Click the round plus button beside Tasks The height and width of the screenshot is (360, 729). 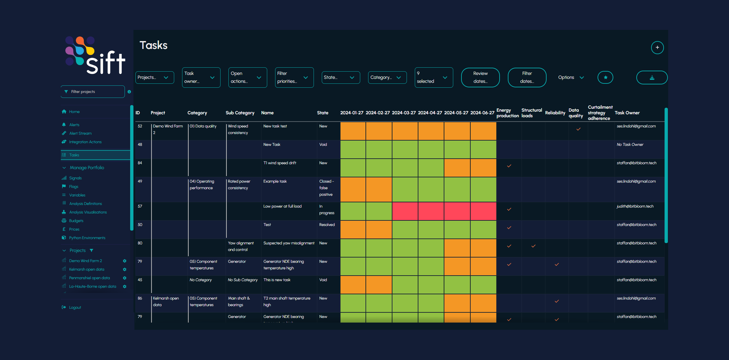coord(657,48)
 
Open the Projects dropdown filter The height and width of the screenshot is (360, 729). coord(154,78)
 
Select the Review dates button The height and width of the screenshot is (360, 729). coord(480,78)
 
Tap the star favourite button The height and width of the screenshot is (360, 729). coord(605,78)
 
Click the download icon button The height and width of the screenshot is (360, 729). coord(652,78)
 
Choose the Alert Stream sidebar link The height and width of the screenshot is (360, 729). coord(80,133)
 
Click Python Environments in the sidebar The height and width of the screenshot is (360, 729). coord(87,238)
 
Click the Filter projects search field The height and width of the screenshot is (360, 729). coord(93,92)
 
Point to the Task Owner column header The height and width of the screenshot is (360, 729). coord(627,113)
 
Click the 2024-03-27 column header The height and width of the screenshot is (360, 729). coord(404,113)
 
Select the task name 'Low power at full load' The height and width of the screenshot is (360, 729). coord(282,206)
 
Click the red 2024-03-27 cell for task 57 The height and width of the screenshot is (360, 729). coord(405,211)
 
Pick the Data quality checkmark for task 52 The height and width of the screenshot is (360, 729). coord(578,129)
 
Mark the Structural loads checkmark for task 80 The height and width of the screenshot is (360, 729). coord(533,246)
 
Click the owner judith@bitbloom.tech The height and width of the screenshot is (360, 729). coord(635,206)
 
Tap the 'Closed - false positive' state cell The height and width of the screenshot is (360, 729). coord(326,188)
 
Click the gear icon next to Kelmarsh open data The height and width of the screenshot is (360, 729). coord(125,269)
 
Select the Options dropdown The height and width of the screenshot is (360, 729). coord(571,78)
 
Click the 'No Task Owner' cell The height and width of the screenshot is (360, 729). coord(630,145)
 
